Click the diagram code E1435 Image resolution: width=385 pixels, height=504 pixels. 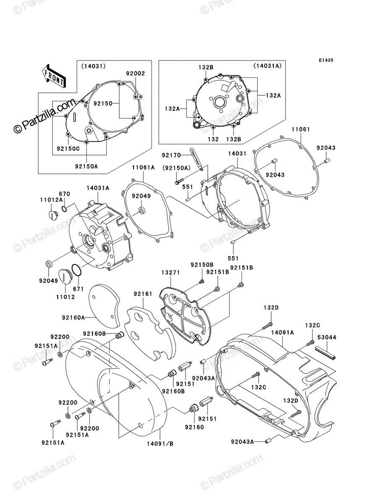[x=326, y=60]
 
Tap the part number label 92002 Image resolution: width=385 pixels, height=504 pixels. [x=135, y=73]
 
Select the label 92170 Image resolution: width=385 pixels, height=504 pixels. [x=171, y=155]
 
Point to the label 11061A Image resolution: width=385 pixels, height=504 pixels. [x=143, y=168]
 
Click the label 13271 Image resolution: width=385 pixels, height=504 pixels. [x=170, y=273]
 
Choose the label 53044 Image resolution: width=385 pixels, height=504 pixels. [x=327, y=337]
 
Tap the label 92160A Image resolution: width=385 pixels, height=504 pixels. [x=73, y=318]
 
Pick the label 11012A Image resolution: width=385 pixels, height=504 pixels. [x=51, y=200]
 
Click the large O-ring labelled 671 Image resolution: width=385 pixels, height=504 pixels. [x=77, y=270]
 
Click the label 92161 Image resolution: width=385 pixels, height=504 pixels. [x=143, y=294]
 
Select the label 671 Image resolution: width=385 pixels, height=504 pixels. [x=78, y=289]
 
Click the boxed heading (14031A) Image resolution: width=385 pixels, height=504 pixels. [x=267, y=66]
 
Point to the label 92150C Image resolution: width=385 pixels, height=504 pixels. [x=68, y=149]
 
